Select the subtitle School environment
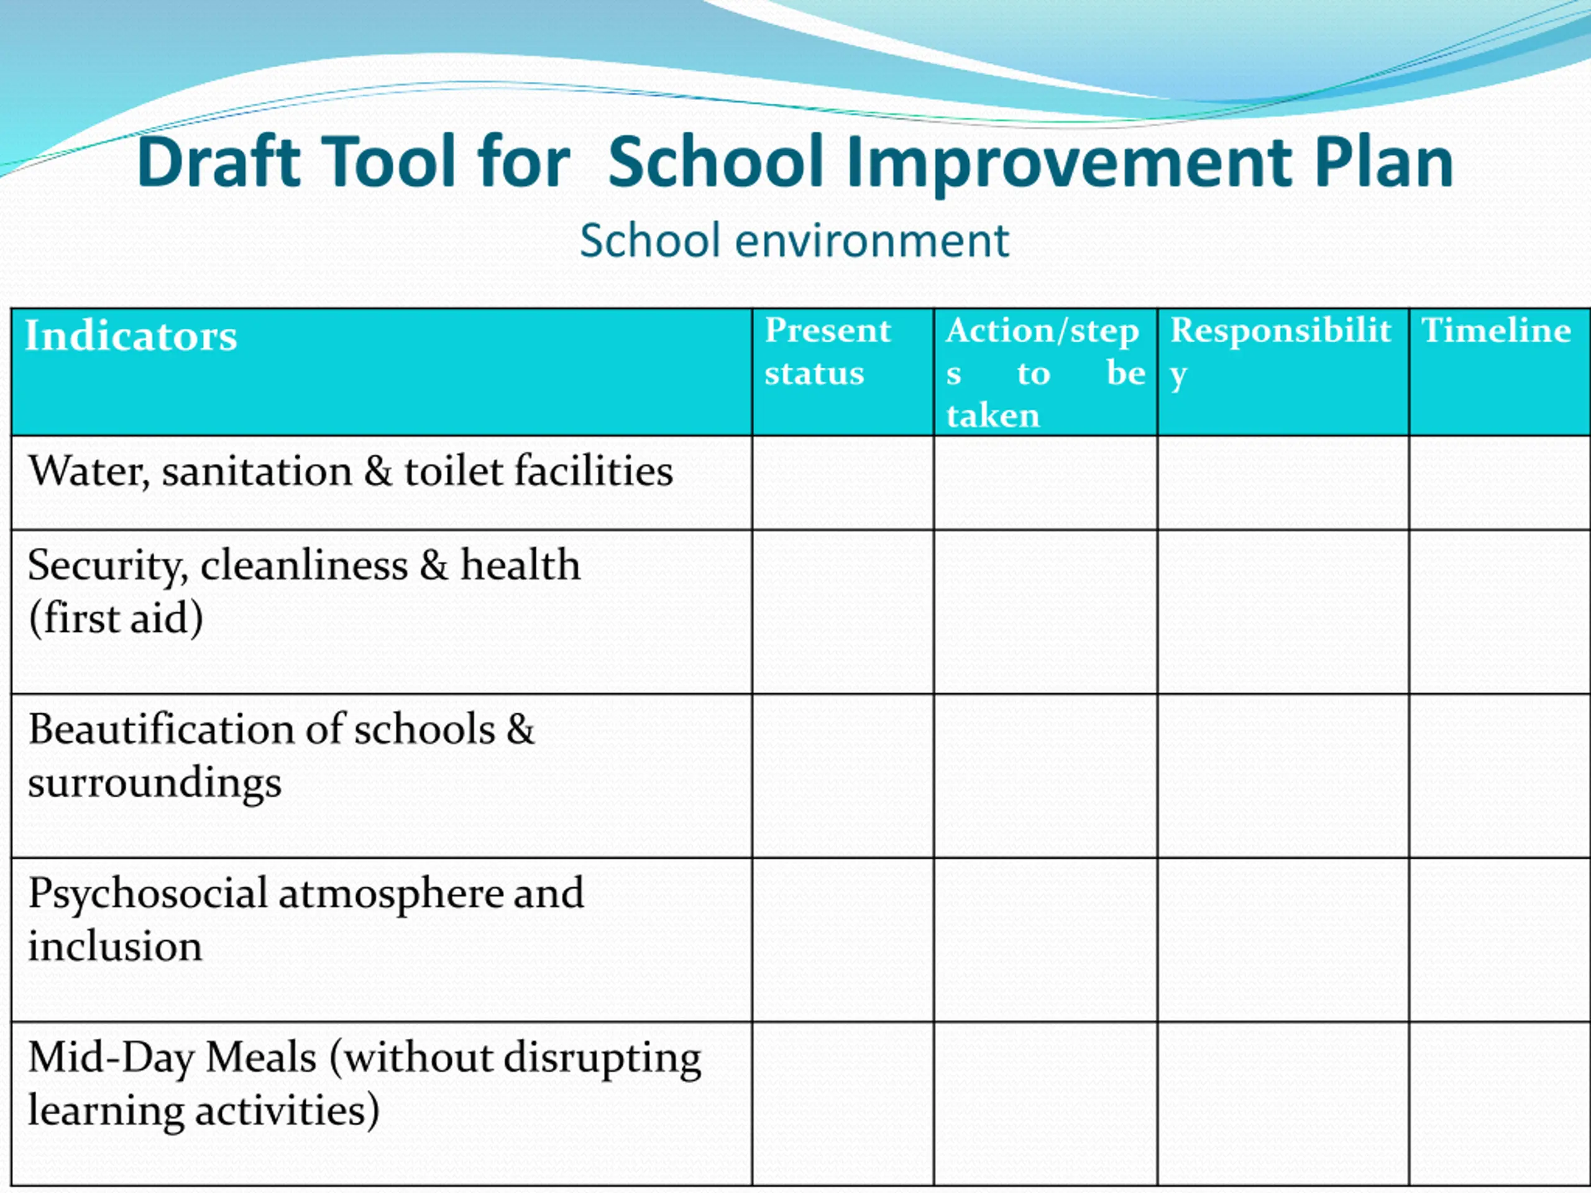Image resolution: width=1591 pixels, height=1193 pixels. pyautogui.click(x=794, y=240)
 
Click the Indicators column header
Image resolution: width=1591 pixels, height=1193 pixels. pyautogui.click(x=131, y=336)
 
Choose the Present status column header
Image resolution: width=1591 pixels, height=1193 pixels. pyautogui.click(x=827, y=351)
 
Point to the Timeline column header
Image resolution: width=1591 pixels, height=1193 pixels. pyautogui.click(x=1496, y=331)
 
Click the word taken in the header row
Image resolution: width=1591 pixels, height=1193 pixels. pyautogui.click(x=993, y=416)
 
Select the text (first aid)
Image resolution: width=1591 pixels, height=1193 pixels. pyautogui.click(x=116, y=618)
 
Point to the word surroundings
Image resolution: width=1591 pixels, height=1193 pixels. pyautogui.click(x=155, y=782)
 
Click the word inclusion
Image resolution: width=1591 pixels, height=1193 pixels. pyautogui.click(x=115, y=946)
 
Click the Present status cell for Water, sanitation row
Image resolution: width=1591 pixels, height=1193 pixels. pyautogui.click(x=843, y=483)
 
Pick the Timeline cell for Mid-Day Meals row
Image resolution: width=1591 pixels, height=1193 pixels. pyautogui.click(x=1500, y=1103)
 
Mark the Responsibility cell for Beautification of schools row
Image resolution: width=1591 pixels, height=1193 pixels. pyautogui.click(x=1283, y=775)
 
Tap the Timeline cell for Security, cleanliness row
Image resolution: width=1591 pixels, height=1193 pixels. pyautogui.click(x=1500, y=612)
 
